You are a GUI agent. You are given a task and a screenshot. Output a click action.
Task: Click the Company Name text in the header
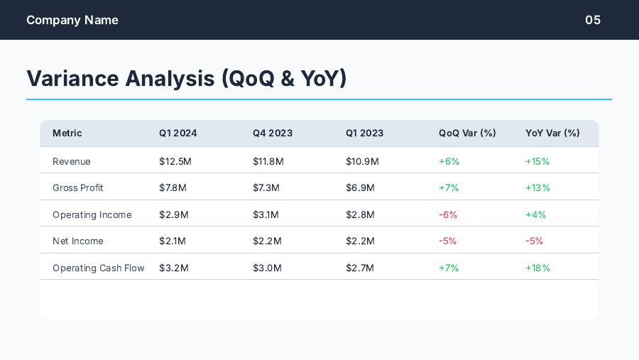pyautogui.click(x=72, y=20)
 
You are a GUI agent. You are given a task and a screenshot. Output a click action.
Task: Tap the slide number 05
pyautogui.click(x=593, y=20)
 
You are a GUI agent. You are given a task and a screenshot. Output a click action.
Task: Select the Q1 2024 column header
pyautogui.click(x=177, y=133)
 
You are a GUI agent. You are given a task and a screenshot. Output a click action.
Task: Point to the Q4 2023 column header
pyautogui.click(x=273, y=133)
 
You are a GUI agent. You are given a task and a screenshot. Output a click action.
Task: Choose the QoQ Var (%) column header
pyautogui.click(x=467, y=133)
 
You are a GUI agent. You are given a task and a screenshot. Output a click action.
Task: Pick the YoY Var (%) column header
pyautogui.click(x=552, y=133)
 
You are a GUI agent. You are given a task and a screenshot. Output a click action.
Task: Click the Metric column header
pyautogui.click(x=67, y=133)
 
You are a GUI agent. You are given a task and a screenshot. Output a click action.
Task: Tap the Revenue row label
pyautogui.click(x=72, y=161)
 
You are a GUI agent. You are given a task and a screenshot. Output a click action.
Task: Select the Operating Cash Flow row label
pyautogui.click(x=99, y=268)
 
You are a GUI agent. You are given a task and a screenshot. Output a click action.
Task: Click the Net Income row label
pyautogui.click(x=78, y=241)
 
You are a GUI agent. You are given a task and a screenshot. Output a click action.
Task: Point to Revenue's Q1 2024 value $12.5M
pyautogui.click(x=175, y=161)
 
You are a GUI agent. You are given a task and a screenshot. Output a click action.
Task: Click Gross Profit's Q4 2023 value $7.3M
pyautogui.click(x=266, y=187)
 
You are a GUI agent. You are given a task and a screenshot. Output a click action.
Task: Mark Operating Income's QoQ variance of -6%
pyautogui.click(x=448, y=214)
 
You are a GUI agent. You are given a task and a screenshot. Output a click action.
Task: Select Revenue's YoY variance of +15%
pyautogui.click(x=537, y=161)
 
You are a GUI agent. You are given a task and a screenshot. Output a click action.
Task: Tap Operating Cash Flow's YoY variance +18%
pyautogui.click(x=537, y=268)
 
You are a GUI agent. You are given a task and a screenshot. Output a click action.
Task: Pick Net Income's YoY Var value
pyautogui.click(x=534, y=241)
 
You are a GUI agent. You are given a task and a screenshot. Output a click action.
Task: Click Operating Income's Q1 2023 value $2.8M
pyautogui.click(x=360, y=214)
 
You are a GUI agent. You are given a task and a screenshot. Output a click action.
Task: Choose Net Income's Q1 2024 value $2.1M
pyautogui.click(x=173, y=241)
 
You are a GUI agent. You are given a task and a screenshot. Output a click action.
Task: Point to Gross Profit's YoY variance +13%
pyautogui.click(x=537, y=187)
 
